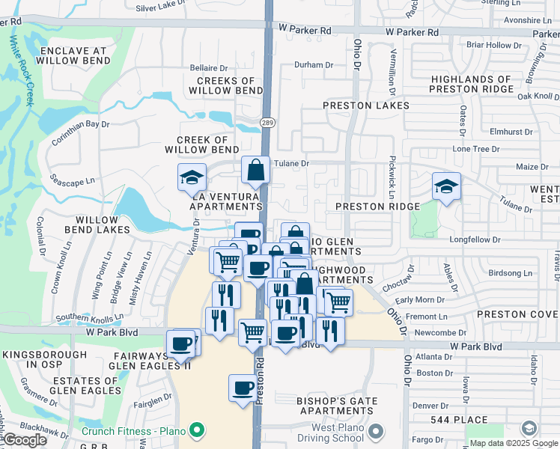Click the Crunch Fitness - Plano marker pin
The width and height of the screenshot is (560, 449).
pos(197,430)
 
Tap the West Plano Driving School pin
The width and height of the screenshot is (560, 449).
pos(377,431)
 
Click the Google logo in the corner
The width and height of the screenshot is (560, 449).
pos(25,440)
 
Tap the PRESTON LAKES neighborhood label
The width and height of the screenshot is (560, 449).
pos(366,106)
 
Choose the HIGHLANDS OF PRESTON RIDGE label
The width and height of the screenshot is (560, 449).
pos(471,84)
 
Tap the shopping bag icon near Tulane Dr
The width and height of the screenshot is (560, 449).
pos(255,171)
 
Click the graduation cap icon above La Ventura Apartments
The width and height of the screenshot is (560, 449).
pos(192,178)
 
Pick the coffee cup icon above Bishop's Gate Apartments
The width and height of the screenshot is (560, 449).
pos(243,388)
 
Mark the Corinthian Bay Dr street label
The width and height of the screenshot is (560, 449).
pos(80,132)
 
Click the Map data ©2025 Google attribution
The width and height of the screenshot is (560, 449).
pos(514,443)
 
